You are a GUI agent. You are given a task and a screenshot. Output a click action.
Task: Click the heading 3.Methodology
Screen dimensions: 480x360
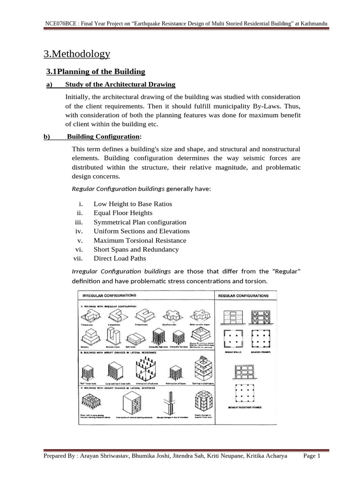click(x=76, y=54)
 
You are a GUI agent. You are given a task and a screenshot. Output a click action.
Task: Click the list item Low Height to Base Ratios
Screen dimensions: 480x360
click(x=133, y=204)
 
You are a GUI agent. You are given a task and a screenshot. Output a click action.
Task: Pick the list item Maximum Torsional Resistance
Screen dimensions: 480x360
click(x=140, y=240)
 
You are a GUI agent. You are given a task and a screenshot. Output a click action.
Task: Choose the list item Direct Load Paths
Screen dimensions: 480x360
click(x=120, y=258)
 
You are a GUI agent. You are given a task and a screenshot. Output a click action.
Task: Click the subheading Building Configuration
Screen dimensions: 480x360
click(x=103, y=136)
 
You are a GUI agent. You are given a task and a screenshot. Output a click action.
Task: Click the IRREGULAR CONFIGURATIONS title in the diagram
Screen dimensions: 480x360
click(x=109, y=296)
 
